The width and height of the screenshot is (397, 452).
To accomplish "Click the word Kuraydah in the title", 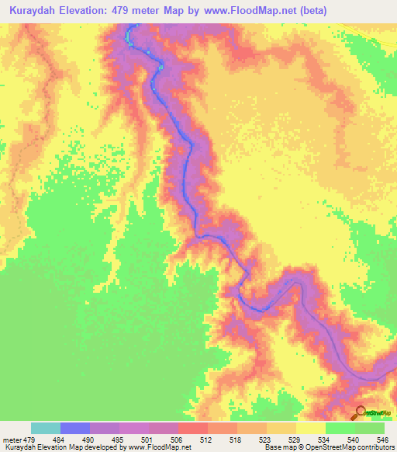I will click(36, 11).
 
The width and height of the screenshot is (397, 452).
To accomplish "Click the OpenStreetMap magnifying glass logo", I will click(361, 412).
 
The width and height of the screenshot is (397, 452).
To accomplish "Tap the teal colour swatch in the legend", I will click(45, 428).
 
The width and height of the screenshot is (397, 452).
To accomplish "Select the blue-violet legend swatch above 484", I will click(74, 428).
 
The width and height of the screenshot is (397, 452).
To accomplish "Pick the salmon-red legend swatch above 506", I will click(192, 428).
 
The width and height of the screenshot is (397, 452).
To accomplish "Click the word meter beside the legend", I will click(12, 439).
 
